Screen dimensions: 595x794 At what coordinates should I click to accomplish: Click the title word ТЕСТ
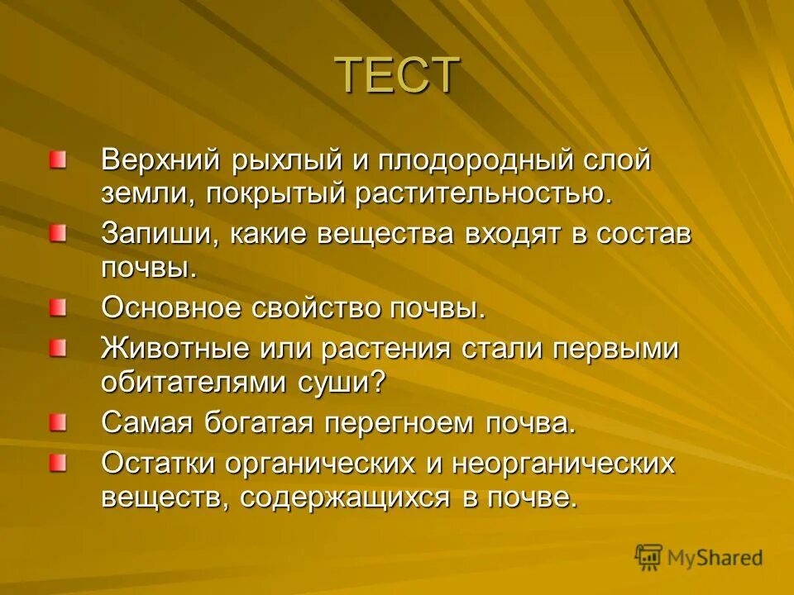(x=397, y=75)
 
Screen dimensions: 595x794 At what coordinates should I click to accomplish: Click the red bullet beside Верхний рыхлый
(x=57, y=159)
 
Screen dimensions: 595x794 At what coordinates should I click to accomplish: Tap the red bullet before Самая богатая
(x=57, y=422)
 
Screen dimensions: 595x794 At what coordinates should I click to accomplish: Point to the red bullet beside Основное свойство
(x=57, y=308)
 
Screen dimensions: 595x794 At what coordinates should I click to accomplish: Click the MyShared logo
(x=699, y=557)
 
